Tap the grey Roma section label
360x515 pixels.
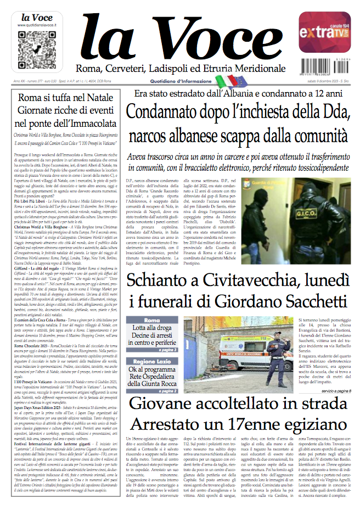(151, 320)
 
